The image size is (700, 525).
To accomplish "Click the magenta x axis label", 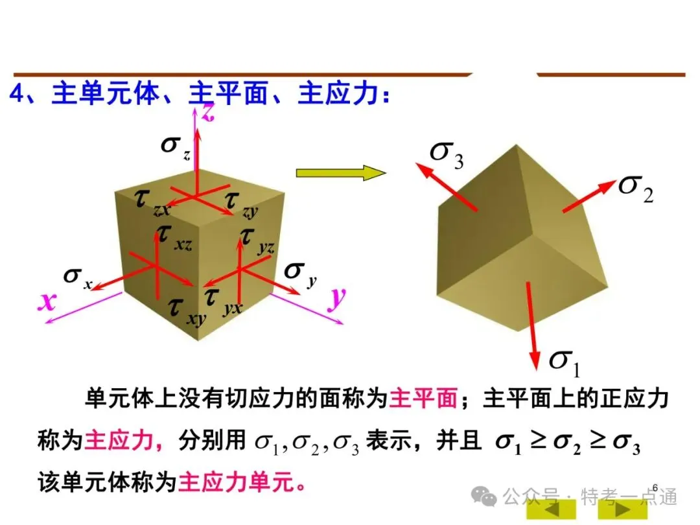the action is (46, 301).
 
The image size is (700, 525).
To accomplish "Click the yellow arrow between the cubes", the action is (340, 173).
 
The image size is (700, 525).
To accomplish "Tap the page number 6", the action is (655, 487).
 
